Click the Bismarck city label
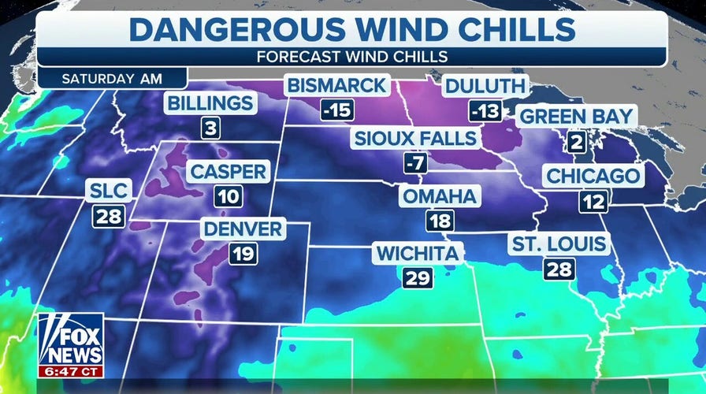click(x=336, y=85)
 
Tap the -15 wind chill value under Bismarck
click(x=336, y=110)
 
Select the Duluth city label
click(x=483, y=86)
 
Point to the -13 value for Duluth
click(x=485, y=110)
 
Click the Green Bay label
click(x=575, y=117)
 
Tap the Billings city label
click(x=209, y=103)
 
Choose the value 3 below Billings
click(x=209, y=128)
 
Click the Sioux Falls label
click(x=415, y=139)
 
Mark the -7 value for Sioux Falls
click(x=415, y=164)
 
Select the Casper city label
click(x=228, y=171)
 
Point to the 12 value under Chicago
click(x=593, y=201)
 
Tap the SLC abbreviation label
click(x=109, y=190)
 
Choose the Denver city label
click(x=242, y=229)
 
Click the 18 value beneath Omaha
click(x=440, y=221)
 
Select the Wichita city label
click(x=418, y=253)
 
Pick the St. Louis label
click(x=559, y=243)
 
